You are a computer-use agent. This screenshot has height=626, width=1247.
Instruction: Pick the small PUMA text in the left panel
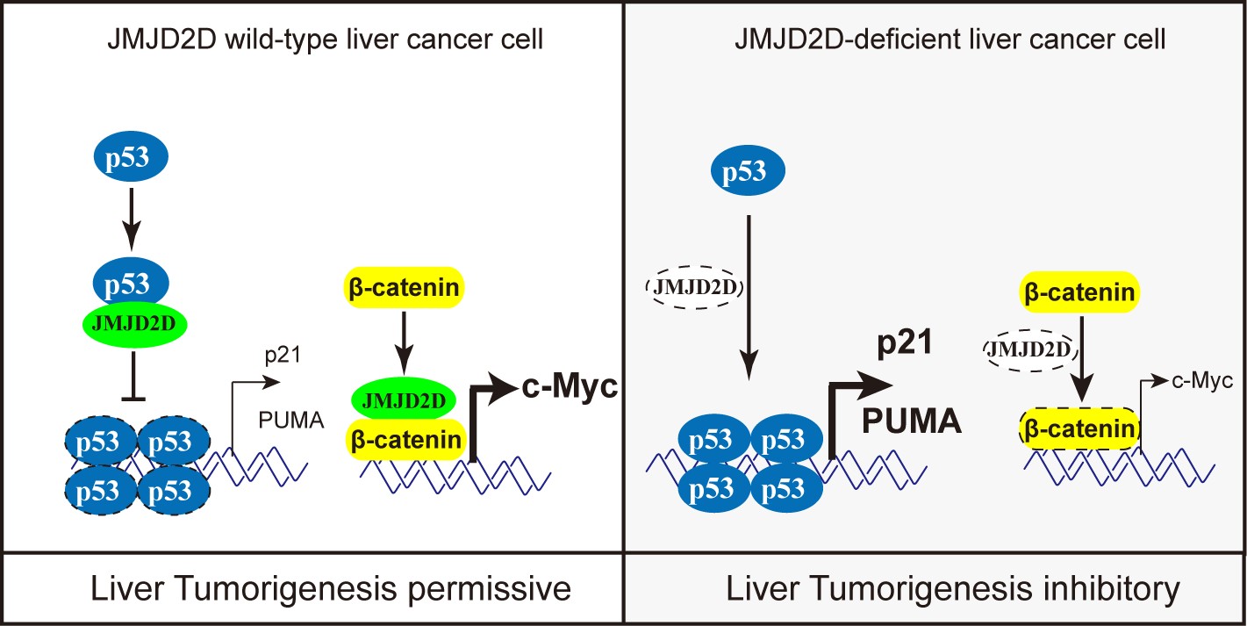pyautogui.click(x=291, y=421)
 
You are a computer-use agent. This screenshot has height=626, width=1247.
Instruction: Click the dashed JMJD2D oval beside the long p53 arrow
pyautogui.click(x=692, y=284)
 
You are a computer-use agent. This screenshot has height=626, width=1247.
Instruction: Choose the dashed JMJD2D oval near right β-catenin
pyautogui.click(x=1028, y=350)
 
